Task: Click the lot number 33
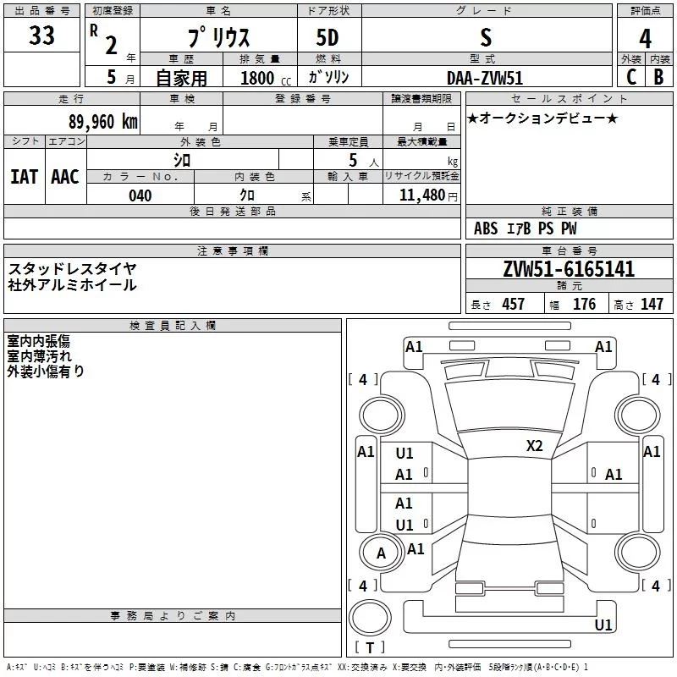[x=41, y=35]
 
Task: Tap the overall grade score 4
[x=645, y=38]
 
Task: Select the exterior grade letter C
[x=631, y=77]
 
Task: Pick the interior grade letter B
[x=659, y=77]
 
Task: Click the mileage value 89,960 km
[x=103, y=122]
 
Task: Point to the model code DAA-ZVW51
[x=485, y=78]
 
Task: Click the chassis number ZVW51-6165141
[x=569, y=269]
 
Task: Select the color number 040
[x=140, y=195]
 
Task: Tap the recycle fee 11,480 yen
[x=428, y=195]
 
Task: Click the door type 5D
[x=327, y=37]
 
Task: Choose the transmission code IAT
[x=24, y=177]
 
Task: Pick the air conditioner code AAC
[x=65, y=177]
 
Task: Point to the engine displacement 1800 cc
[x=266, y=78]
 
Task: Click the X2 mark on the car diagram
[x=534, y=445]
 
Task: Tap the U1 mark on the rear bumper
[x=603, y=625]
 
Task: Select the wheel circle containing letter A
[x=381, y=553]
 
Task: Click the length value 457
[x=513, y=305]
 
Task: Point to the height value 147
[x=652, y=305]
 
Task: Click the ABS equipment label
[x=486, y=228]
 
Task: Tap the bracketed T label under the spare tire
[x=370, y=647]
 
